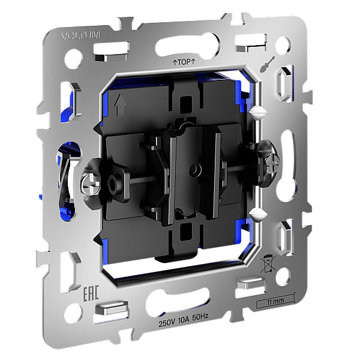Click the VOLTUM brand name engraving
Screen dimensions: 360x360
(81, 36)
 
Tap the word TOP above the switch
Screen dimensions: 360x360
(184, 62)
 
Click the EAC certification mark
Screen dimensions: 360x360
(91, 293)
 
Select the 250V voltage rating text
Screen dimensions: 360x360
(167, 323)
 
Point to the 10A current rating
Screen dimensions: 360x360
(184, 320)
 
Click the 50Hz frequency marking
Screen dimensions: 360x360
(200, 317)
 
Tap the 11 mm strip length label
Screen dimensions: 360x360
(275, 301)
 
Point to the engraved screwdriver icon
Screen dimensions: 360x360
(267, 64)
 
